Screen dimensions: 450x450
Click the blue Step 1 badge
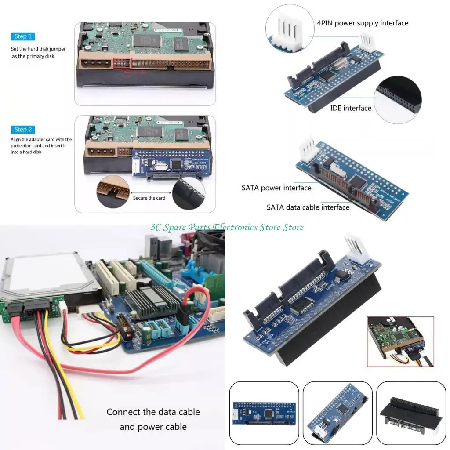pos(23,36)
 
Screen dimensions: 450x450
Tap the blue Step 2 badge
pos(23,130)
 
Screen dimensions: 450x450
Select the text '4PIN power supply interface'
pos(363,23)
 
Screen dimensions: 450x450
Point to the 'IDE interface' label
pos(351,108)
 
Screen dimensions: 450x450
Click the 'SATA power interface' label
pos(276,188)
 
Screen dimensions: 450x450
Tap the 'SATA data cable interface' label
pos(308,207)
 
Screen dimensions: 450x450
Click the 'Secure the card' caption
pos(149,198)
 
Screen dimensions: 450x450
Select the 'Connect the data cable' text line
pos(153,412)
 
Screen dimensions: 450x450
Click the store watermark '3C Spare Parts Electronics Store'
pos(227,227)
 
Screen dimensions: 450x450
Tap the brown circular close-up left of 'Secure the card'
pos(112,192)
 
